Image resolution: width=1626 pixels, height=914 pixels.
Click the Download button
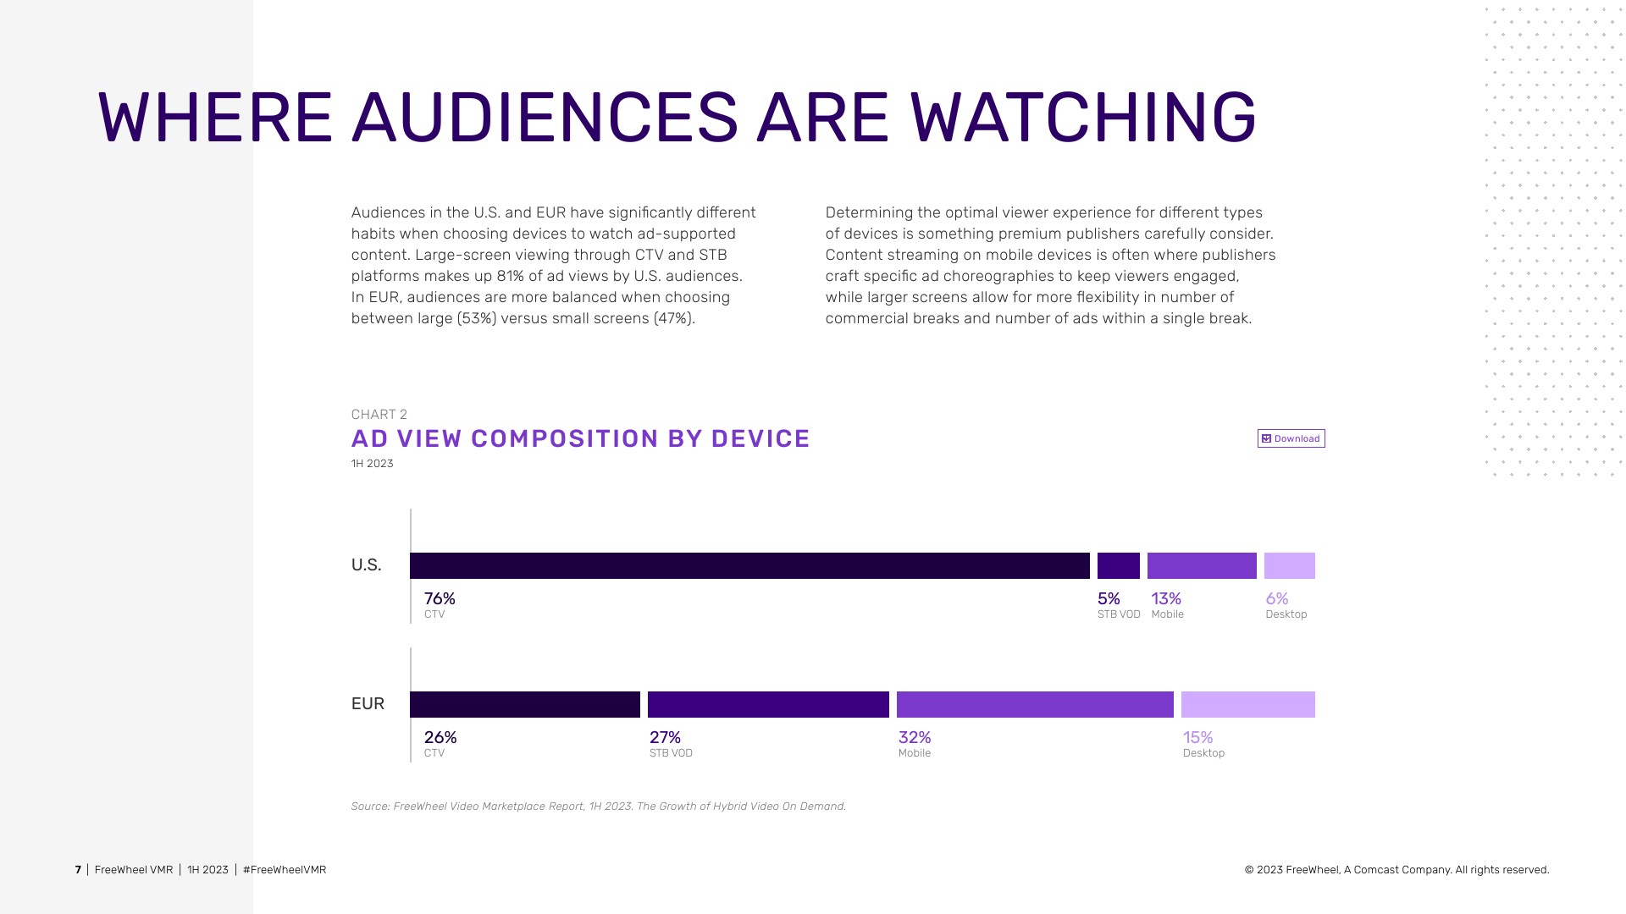tap(1291, 438)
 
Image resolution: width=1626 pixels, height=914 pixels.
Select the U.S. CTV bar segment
tap(749, 565)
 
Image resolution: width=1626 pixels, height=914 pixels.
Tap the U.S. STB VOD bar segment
tap(1118, 565)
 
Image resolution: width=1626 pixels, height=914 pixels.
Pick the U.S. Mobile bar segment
tap(1202, 565)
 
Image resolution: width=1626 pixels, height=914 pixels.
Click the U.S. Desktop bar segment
tap(1289, 565)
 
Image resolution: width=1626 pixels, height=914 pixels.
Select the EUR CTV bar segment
tap(525, 704)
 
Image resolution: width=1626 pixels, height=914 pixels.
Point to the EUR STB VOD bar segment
tap(768, 704)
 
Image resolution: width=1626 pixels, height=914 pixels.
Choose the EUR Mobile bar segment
tap(1035, 704)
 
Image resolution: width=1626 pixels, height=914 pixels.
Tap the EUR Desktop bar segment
tap(1247, 704)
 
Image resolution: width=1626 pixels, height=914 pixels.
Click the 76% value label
tap(440, 599)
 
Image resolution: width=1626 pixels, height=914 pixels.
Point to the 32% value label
tap(915, 738)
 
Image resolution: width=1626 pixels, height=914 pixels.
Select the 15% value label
tap(1197, 738)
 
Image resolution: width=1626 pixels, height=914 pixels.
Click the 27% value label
tap(665, 738)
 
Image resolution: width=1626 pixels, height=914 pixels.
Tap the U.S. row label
tap(366, 565)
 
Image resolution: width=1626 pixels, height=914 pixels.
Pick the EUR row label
tap(368, 704)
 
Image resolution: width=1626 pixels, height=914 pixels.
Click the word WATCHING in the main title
tap(1082, 118)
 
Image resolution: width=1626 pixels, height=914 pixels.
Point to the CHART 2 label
tap(379, 415)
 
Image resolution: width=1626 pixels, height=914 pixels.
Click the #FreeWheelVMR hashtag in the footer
tap(285, 870)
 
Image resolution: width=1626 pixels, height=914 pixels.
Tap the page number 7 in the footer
tap(78, 870)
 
